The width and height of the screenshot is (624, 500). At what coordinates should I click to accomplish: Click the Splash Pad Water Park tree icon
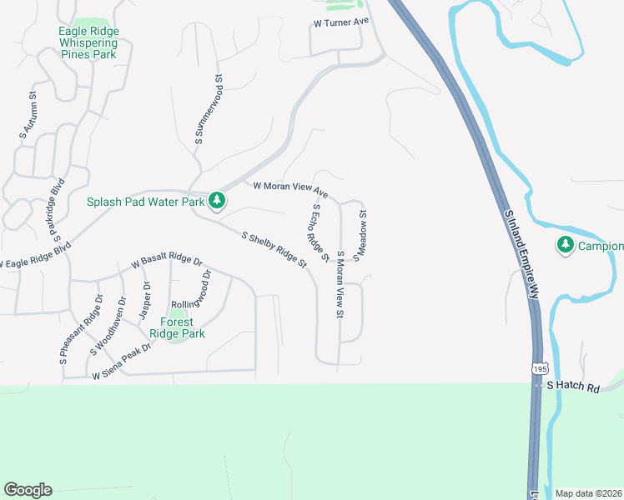coord(217,200)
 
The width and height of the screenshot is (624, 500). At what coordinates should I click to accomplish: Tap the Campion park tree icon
coord(566,244)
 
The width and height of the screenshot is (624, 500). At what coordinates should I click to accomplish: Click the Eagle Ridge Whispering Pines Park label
coord(88,43)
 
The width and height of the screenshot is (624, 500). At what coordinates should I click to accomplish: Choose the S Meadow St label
coord(360,236)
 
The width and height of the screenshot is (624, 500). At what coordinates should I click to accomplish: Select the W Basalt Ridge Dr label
coord(167,262)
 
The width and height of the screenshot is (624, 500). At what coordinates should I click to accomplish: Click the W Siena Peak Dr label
coord(121,362)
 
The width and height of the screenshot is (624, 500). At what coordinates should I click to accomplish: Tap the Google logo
coord(28,490)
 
